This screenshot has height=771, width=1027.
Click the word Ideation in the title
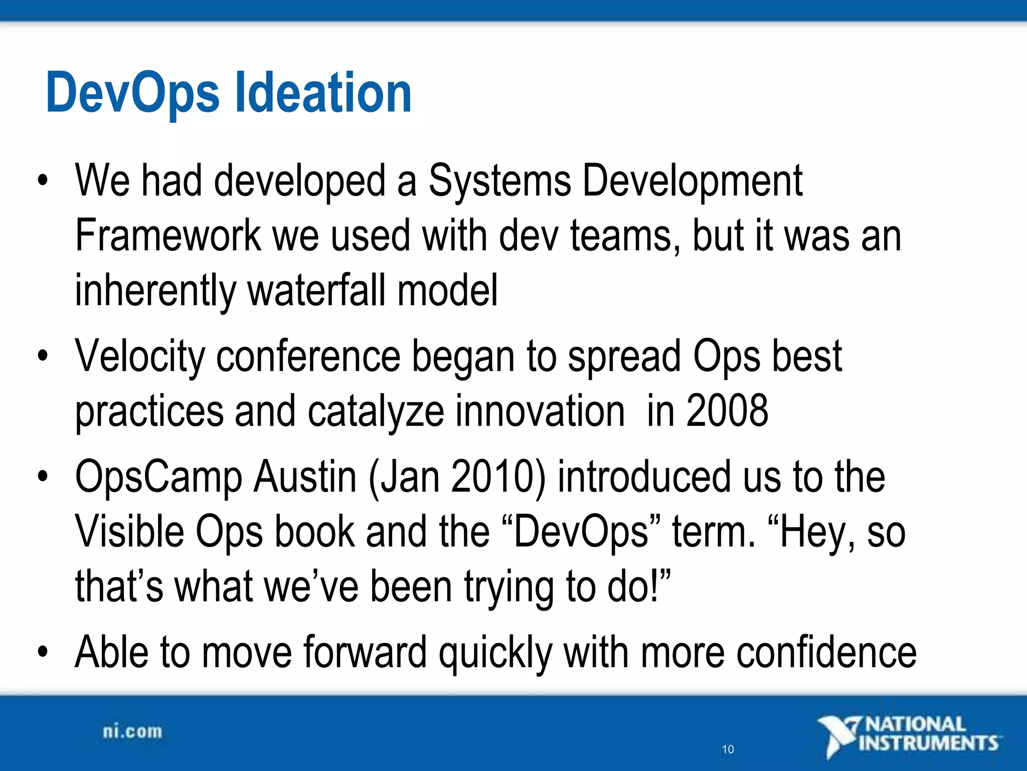323,93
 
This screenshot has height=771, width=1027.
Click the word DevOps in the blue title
132,93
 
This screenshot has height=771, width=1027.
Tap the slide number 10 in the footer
728,749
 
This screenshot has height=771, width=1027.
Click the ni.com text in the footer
132,731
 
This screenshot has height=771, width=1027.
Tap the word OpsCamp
158,477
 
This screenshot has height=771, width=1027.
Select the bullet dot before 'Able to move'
43,652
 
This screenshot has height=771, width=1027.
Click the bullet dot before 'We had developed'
43,181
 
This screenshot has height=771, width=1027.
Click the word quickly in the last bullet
495,653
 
